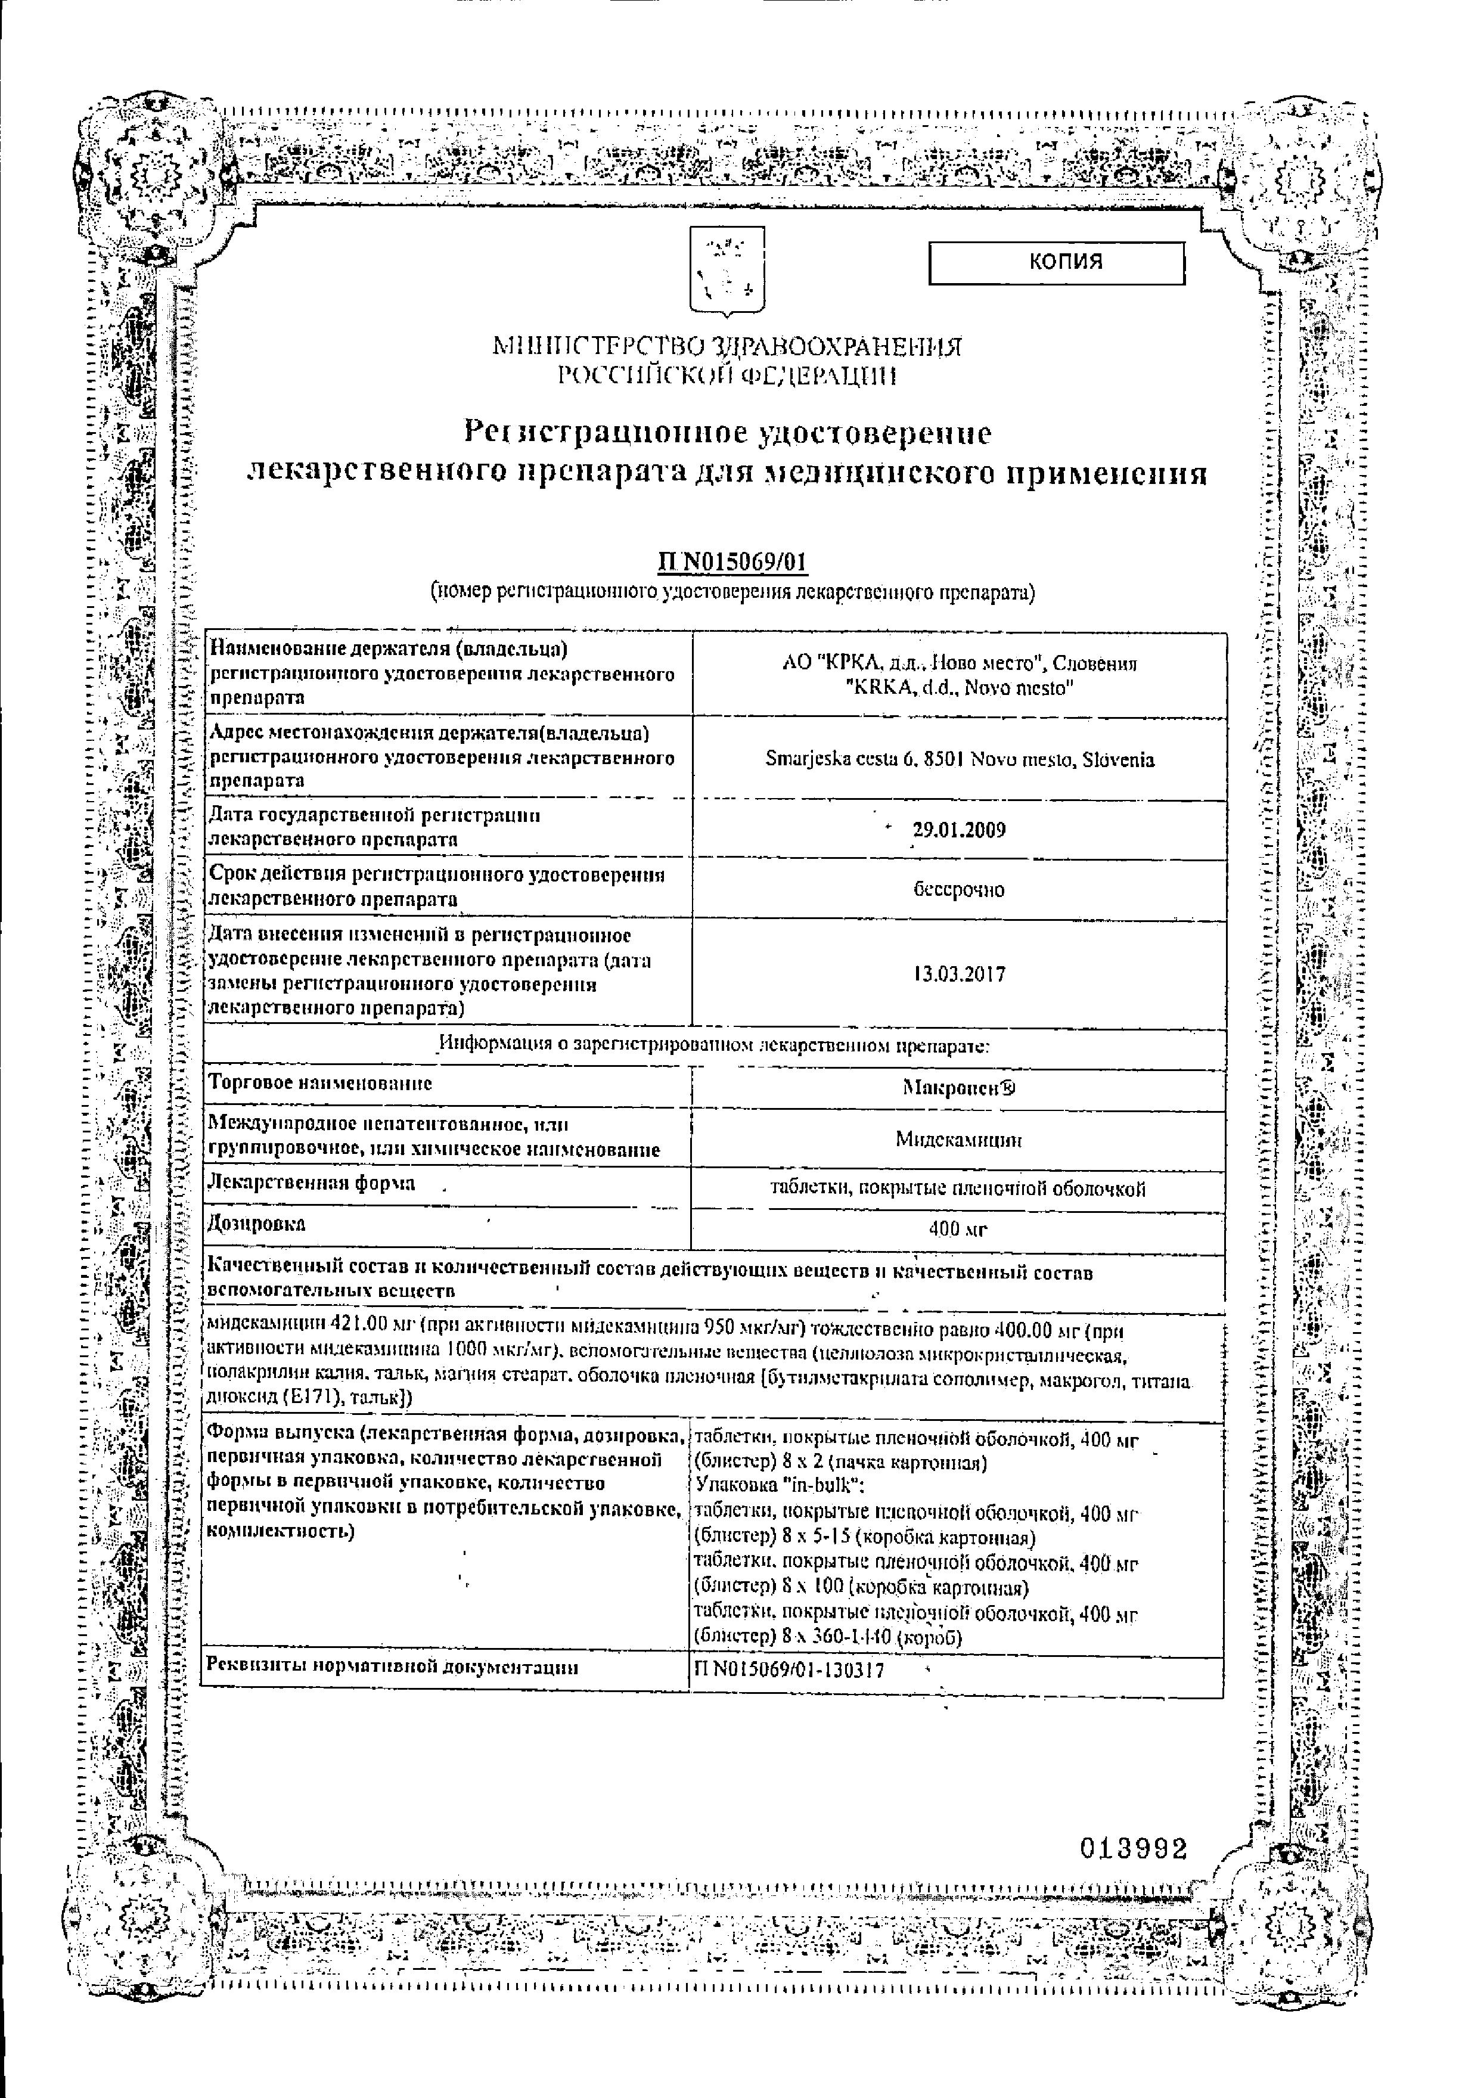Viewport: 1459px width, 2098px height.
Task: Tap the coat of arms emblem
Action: tap(725, 271)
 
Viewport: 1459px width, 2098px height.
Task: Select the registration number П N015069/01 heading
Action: tap(732, 562)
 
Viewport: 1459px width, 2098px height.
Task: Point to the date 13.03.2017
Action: tap(958, 974)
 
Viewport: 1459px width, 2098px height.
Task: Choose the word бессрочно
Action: tap(958, 889)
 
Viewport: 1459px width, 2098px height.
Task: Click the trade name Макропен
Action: tap(958, 1087)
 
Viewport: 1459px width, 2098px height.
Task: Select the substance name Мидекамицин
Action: tap(958, 1140)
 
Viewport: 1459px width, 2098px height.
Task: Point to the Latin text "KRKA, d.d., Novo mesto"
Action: tap(958, 688)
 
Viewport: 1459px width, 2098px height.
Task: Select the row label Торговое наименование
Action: tap(321, 1084)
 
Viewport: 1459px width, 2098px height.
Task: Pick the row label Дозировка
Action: tap(257, 1224)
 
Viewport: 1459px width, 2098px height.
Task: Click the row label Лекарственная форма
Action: tap(312, 1183)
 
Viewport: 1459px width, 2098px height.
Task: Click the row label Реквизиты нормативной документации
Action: tap(392, 1666)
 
